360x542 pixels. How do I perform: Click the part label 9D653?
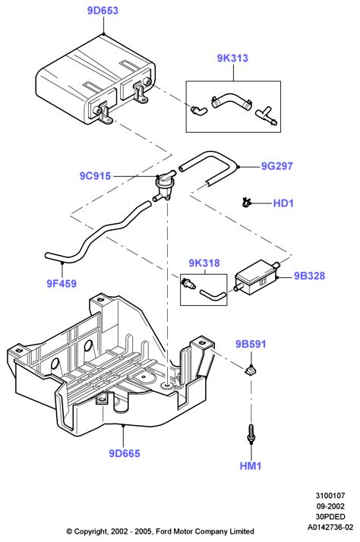pyautogui.click(x=103, y=11)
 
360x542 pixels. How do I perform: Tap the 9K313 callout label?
pyautogui.click(x=232, y=58)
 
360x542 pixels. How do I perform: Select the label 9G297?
pyautogui.click(x=277, y=166)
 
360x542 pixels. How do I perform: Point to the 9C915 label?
pyautogui.click(x=96, y=176)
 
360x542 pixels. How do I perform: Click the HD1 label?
pyautogui.click(x=283, y=203)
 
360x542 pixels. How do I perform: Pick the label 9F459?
pyautogui.click(x=62, y=284)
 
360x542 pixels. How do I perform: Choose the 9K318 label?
pyautogui.click(x=204, y=263)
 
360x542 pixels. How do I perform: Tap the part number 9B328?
pyautogui.click(x=310, y=276)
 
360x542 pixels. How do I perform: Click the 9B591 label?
pyautogui.click(x=251, y=345)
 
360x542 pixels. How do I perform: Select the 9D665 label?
pyautogui.click(x=125, y=453)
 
